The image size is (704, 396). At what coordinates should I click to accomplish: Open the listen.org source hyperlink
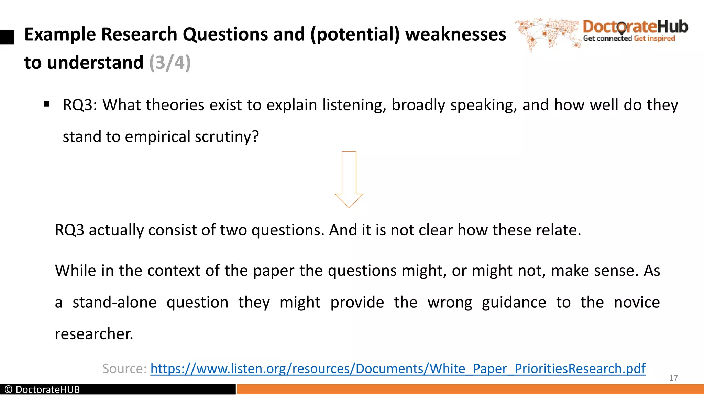pyautogui.click(x=398, y=368)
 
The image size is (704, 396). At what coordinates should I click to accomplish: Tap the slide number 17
pyautogui.click(x=673, y=378)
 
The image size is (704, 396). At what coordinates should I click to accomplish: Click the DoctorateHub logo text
pyautogui.click(x=635, y=27)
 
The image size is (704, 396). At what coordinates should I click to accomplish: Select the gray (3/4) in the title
pyautogui.click(x=170, y=63)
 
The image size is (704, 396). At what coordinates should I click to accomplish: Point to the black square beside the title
pyautogui.click(x=7, y=37)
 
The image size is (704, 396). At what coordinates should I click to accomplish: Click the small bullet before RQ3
pyautogui.click(x=47, y=104)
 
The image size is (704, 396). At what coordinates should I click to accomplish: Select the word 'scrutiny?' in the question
pyautogui.click(x=227, y=137)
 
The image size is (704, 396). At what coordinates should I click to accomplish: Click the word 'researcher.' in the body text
pyautogui.click(x=94, y=334)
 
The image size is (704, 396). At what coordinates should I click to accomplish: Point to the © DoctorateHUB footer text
pyautogui.click(x=42, y=389)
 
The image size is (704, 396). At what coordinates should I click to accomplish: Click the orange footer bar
pyautogui.click(x=470, y=389)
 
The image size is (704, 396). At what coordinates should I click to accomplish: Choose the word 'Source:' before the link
pyautogui.click(x=124, y=368)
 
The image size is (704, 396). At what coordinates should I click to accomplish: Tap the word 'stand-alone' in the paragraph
pyautogui.click(x=114, y=302)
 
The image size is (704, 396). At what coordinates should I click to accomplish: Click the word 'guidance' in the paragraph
pyautogui.click(x=514, y=302)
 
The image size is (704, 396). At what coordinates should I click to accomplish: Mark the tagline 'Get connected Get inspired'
pyautogui.click(x=629, y=38)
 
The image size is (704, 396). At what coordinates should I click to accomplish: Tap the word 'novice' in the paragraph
pyautogui.click(x=637, y=302)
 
